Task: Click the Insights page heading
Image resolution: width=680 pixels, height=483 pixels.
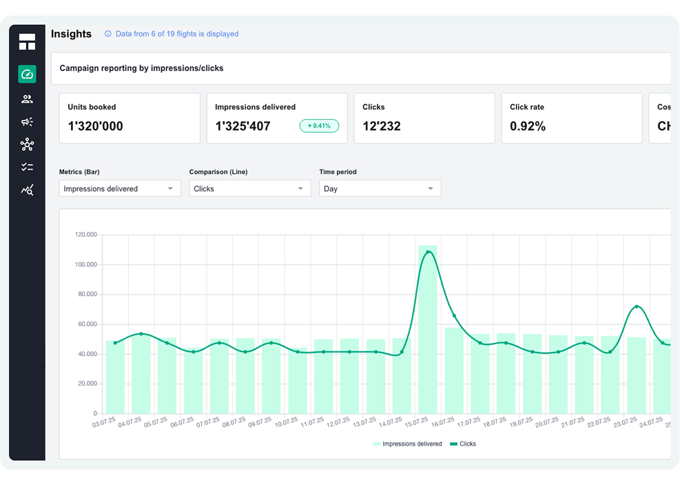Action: (x=71, y=34)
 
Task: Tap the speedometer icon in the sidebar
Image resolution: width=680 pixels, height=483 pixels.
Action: (x=27, y=74)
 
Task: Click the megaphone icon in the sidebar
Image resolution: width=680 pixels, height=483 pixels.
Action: (x=27, y=121)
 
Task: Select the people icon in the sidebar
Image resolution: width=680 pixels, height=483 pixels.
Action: (x=27, y=99)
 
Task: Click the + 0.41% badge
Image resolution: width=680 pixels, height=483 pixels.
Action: (x=319, y=126)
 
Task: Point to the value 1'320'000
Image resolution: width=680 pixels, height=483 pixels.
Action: (x=95, y=126)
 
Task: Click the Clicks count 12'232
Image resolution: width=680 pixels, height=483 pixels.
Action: (x=381, y=126)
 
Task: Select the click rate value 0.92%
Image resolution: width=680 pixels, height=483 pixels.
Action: (x=528, y=126)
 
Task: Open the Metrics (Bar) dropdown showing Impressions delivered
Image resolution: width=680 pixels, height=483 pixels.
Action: (x=120, y=188)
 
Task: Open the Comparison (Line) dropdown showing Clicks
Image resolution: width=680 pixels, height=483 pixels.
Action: (x=249, y=188)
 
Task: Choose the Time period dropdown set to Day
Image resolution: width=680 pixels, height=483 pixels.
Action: (x=380, y=188)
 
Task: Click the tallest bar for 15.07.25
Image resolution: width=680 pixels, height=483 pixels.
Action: (x=428, y=331)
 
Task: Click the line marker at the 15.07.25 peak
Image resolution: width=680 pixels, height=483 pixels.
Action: (x=428, y=252)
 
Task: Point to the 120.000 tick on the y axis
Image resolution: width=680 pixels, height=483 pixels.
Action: (x=86, y=235)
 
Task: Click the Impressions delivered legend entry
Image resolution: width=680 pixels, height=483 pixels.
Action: (x=407, y=444)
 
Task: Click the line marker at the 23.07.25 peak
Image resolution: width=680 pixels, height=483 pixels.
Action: (x=637, y=306)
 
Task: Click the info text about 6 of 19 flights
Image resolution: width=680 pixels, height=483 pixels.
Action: (x=176, y=34)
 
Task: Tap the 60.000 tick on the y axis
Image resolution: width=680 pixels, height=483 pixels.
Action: (x=87, y=324)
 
